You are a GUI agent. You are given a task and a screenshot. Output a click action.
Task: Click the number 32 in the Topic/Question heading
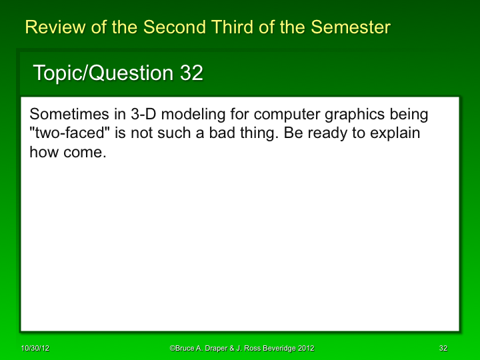[x=191, y=73]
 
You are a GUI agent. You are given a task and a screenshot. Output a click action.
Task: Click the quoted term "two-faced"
[x=69, y=133]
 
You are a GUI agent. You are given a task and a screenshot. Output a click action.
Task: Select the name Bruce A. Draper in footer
[x=201, y=349]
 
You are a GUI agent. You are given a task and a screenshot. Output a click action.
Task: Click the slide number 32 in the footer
[x=443, y=349]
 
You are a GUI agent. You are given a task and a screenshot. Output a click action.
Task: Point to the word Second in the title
[x=174, y=27]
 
